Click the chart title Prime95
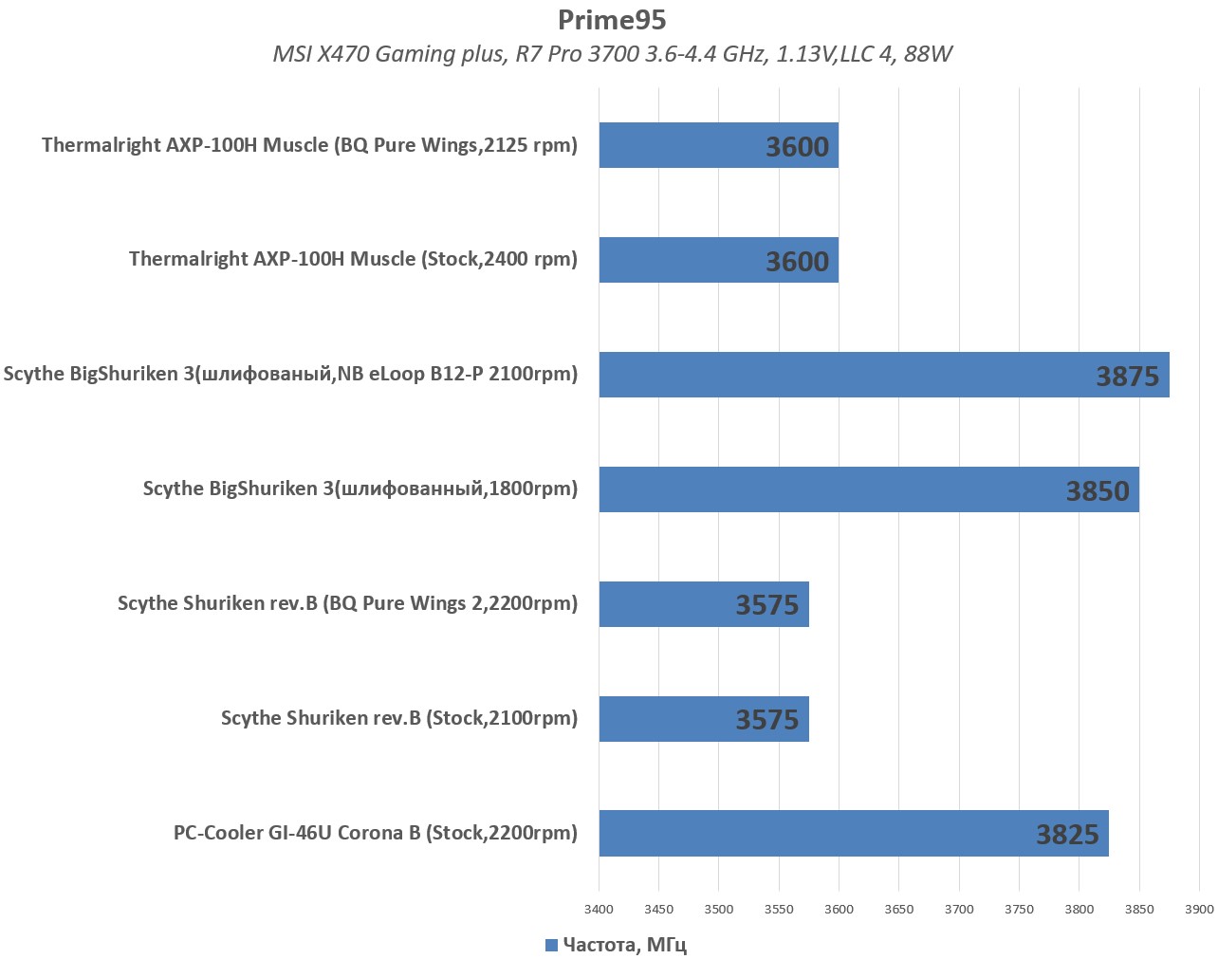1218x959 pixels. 612,20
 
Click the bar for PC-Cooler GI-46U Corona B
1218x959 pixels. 853,833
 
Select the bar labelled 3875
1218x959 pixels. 883,375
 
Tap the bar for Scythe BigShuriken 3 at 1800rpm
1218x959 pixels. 868,489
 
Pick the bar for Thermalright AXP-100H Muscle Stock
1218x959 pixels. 718,260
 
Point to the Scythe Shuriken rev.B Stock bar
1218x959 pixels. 703,719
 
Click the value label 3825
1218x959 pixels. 1067,835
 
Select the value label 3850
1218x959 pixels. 1098,491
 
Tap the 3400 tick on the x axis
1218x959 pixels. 599,909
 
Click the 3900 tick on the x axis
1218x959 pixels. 1199,909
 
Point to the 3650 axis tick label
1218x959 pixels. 898,909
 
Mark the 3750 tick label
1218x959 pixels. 1019,909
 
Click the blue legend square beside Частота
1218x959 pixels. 551,945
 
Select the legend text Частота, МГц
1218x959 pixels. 624,945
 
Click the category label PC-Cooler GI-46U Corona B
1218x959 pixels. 375,833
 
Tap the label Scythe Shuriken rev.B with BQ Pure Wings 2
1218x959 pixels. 347,603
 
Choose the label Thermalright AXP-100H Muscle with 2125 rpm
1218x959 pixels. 309,145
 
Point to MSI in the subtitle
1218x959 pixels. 291,54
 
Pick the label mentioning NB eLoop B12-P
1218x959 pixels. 290,374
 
